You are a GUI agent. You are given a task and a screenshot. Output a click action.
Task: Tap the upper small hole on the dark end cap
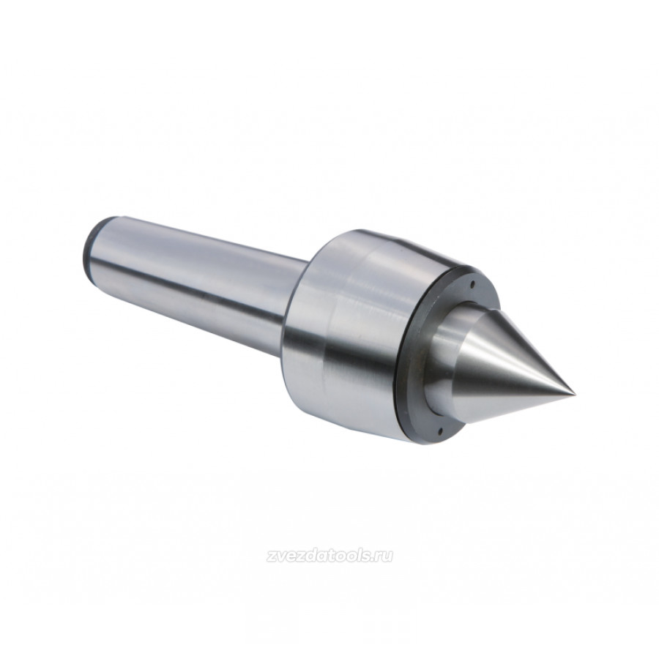[x=472, y=283]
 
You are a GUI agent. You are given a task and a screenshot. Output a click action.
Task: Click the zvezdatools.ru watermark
[x=329, y=556]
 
